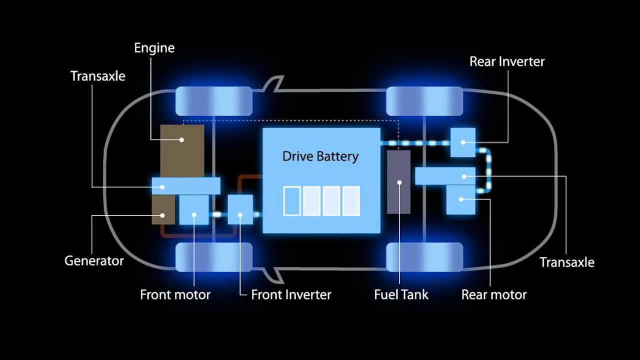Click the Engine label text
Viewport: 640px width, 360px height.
click(x=154, y=48)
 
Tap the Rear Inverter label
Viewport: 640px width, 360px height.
click(x=506, y=61)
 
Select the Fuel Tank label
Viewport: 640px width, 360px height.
click(x=401, y=294)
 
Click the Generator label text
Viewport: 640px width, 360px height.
click(x=94, y=261)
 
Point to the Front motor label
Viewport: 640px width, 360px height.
click(x=175, y=294)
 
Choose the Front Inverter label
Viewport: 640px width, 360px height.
click(x=291, y=294)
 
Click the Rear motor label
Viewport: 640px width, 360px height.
click(x=494, y=294)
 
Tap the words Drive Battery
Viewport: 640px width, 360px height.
click(x=320, y=156)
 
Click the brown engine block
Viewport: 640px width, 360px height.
click(x=182, y=145)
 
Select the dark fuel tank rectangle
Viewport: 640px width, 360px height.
click(x=399, y=181)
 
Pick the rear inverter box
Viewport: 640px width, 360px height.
click(x=463, y=142)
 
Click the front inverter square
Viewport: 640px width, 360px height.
click(x=240, y=210)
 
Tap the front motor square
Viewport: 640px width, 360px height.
click(x=194, y=210)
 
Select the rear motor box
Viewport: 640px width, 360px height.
click(x=460, y=199)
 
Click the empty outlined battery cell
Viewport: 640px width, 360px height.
click(x=292, y=200)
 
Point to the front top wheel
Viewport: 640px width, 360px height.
click(x=214, y=101)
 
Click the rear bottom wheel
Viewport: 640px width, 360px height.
click(x=424, y=257)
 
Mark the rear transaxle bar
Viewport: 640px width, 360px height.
click(x=445, y=176)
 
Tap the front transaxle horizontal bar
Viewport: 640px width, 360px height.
click(x=186, y=186)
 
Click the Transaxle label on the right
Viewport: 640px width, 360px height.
click(x=567, y=262)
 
